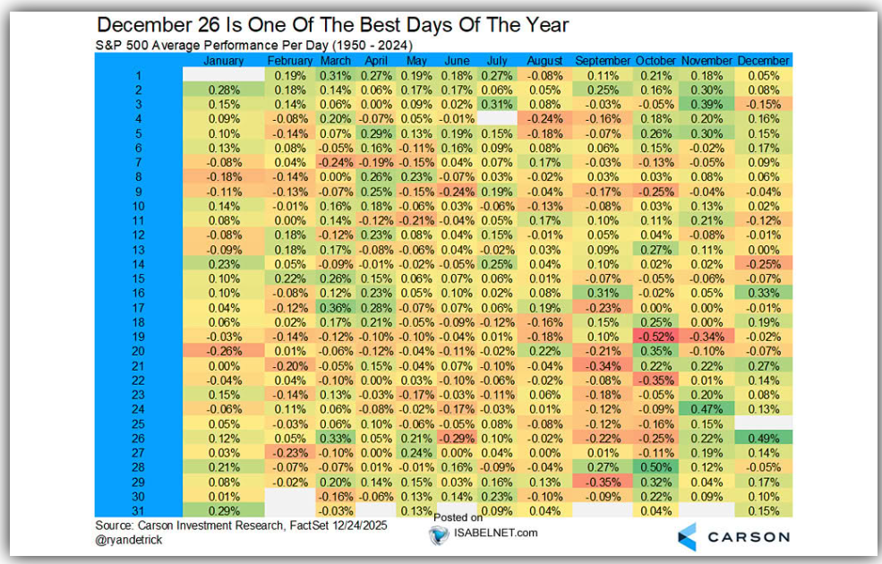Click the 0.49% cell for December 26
coord(763,438)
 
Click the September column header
coord(603,60)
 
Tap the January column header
coord(224,60)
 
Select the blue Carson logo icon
coord(688,536)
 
